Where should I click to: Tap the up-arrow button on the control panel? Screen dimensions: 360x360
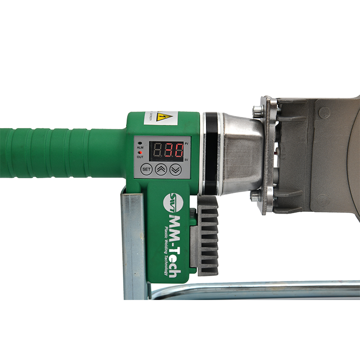pyautogui.click(x=161, y=169)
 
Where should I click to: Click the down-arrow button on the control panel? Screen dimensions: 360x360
pyautogui.click(x=176, y=169)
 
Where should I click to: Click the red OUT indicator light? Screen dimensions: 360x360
pyautogui.click(x=140, y=152)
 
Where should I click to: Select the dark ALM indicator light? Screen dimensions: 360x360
pyautogui.click(x=140, y=143)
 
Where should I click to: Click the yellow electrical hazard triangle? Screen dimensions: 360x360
pyautogui.click(x=165, y=116)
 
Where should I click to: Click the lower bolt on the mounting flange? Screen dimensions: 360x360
pyautogui.click(x=254, y=195)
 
